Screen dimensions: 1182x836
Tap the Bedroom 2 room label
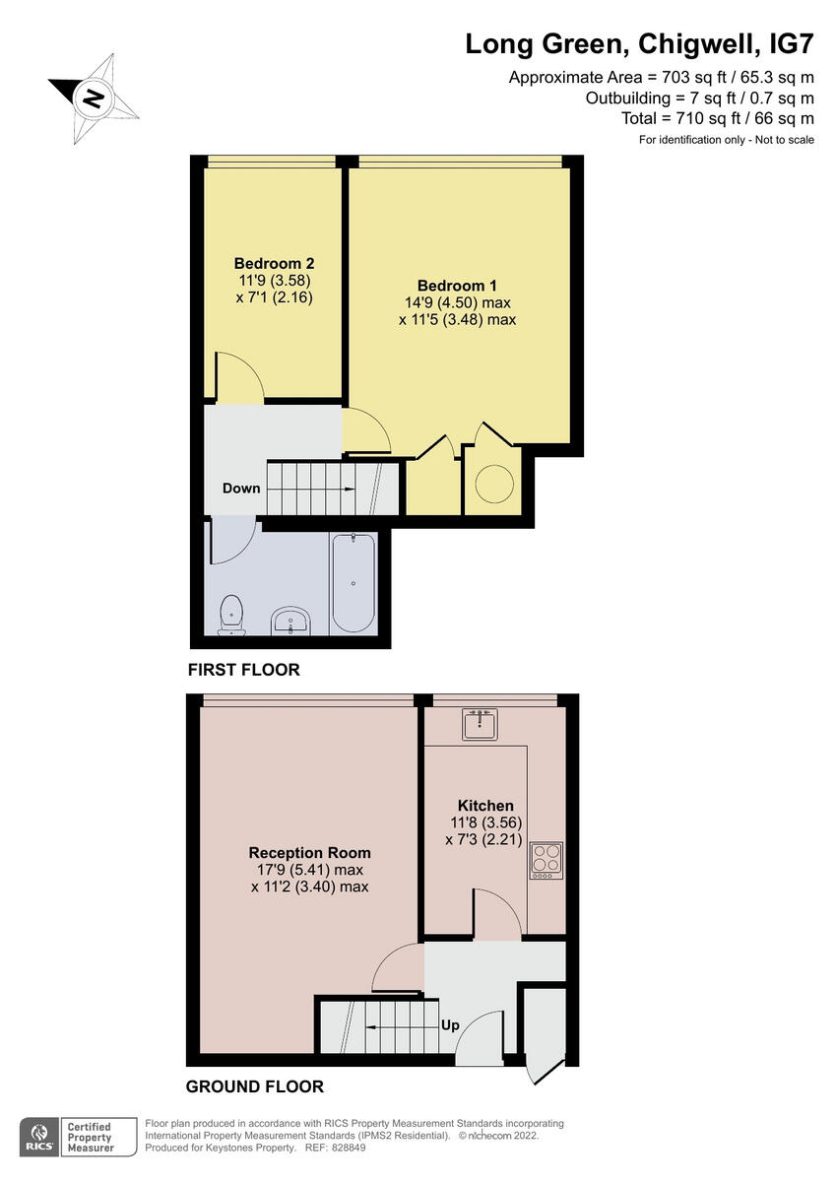274,264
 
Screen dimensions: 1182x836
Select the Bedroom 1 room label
457,287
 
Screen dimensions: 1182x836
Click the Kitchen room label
485,806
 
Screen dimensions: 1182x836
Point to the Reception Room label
309,853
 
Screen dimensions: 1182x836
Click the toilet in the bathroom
232,613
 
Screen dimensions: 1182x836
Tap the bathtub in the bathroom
354,582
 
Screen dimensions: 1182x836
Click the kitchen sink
480,725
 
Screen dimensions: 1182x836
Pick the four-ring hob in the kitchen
546,861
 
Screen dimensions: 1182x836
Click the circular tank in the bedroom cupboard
496,483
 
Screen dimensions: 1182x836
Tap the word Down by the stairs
241,489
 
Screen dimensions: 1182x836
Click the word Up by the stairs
450,1025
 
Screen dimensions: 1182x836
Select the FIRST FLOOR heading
243,670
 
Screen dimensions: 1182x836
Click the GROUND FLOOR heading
255,1087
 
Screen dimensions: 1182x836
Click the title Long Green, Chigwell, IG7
639,44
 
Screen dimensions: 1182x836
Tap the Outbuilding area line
699,98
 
